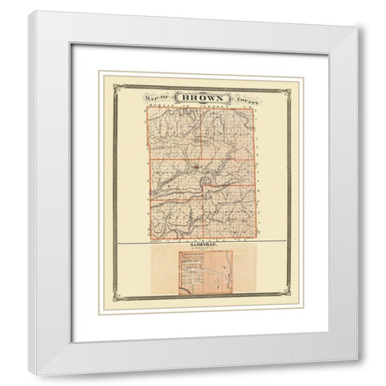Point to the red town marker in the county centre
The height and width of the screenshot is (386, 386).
(x=195, y=168)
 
